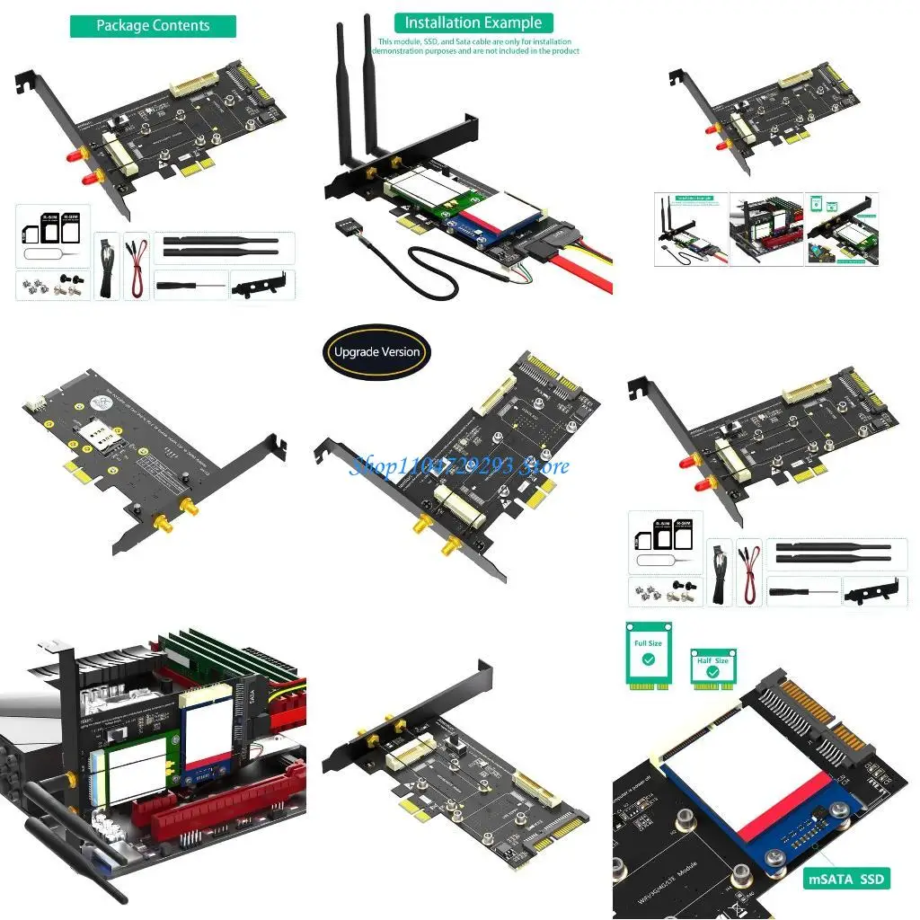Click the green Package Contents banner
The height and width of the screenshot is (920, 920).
point(153,26)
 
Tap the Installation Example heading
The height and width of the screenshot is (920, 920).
point(473,22)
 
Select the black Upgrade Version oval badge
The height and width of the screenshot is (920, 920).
point(377,351)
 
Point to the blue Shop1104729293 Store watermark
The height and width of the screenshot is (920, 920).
point(459,465)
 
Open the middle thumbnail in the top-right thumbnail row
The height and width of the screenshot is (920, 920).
point(765,229)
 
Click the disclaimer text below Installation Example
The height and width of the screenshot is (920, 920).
point(476,47)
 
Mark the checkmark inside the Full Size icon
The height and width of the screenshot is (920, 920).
point(648,659)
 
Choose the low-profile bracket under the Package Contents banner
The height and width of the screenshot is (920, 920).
point(261,285)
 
